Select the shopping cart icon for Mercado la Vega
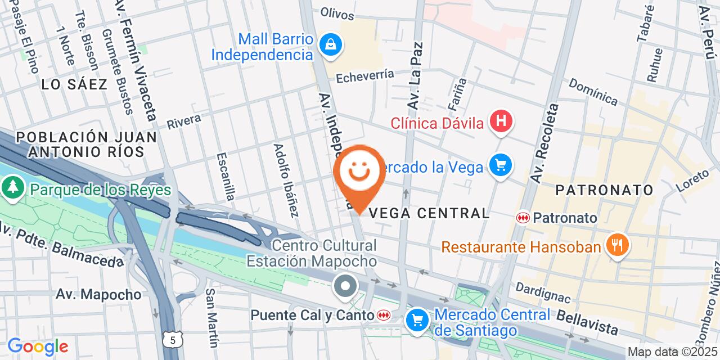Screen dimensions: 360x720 coord(500,165)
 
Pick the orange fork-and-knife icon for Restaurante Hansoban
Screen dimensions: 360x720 coord(617,245)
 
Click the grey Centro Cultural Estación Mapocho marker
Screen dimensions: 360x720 coord(346,286)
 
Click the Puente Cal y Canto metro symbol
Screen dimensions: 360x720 coord(384,316)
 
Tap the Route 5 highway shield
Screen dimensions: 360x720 coord(173,339)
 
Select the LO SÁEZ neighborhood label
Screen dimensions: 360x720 coord(74,85)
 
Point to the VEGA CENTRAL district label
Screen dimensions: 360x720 coord(431,213)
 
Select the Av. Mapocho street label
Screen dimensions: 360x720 coord(98,294)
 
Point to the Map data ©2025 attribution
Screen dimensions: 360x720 coord(672,352)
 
